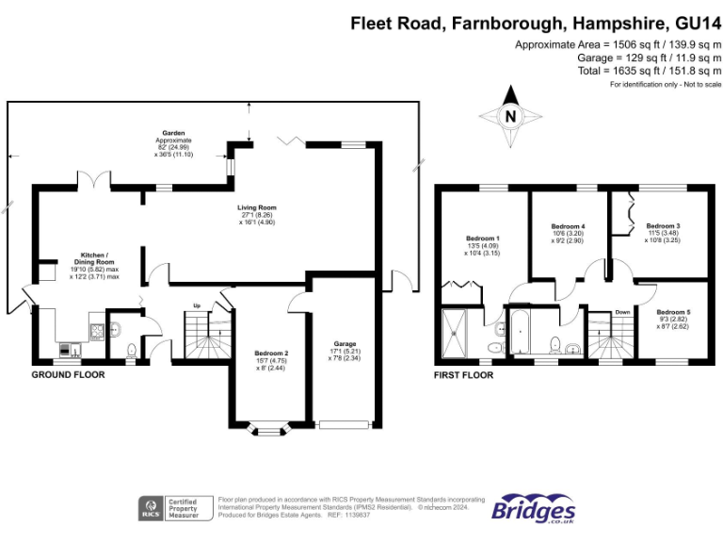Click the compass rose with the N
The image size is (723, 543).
tap(510, 117)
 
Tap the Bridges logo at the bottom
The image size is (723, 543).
tap(534, 508)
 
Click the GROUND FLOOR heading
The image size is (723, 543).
tap(68, 375)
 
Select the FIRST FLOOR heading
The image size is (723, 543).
tap(463, 375)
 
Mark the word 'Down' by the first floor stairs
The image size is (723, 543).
tap(622, 312)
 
